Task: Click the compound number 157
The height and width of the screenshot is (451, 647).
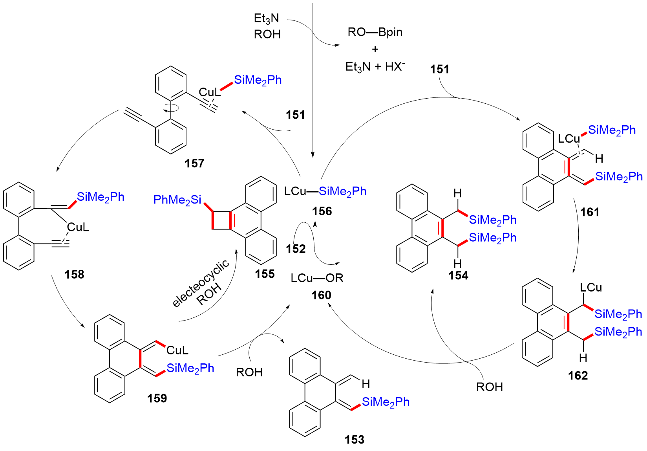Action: pos(194,163)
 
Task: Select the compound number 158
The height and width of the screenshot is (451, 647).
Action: pos(74,274)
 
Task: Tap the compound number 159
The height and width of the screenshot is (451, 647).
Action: pos(157,398)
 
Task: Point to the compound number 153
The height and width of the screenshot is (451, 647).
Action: pos(355,440)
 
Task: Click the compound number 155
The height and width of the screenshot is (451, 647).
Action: pos(265,274)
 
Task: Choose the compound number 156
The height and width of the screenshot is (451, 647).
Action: pos(322,211)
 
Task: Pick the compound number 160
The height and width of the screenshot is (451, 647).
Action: pos(321,295)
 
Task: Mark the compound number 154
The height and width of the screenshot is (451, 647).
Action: pos(458,276)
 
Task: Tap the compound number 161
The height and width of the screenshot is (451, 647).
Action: pos(590,213)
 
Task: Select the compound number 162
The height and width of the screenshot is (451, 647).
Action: pos(578,376)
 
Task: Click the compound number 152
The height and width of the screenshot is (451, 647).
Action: pos(296,249)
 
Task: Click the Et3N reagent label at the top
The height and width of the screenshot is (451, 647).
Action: pos(267,18)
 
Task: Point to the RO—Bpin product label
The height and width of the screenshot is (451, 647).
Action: pos(375,32)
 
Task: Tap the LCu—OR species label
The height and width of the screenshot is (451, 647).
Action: pos(317,278)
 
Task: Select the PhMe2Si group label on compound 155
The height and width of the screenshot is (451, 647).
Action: pos(177,200)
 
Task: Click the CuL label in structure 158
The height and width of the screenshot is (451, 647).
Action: pos(78,227)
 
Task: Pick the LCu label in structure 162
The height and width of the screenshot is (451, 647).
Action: pos(591,288)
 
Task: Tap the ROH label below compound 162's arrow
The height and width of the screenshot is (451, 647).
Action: pos(489,387)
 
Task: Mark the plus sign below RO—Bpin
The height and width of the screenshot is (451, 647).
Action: pos(375,49)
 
